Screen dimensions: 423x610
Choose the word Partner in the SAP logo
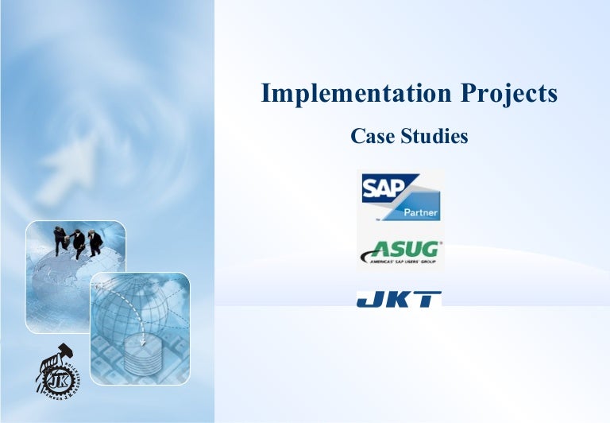[x=418, y=212]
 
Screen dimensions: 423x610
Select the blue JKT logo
[x=400, y=299]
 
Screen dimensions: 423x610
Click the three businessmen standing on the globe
[x=78, y=240]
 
